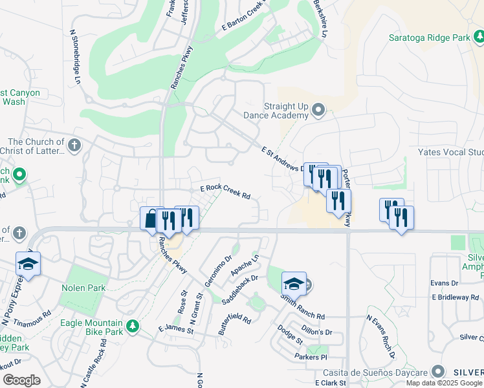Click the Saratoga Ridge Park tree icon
(479, 38)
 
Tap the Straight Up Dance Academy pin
(318, 109)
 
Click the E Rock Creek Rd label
(225, 192)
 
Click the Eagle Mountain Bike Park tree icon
(133, 325)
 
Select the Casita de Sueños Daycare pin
(439, 372)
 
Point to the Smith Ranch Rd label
(302, 306)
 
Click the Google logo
(22, 380)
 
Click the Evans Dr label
(445, 283)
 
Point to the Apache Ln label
(245, 265)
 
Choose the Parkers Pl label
(311, 357)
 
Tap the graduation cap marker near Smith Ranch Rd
(294, 283)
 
